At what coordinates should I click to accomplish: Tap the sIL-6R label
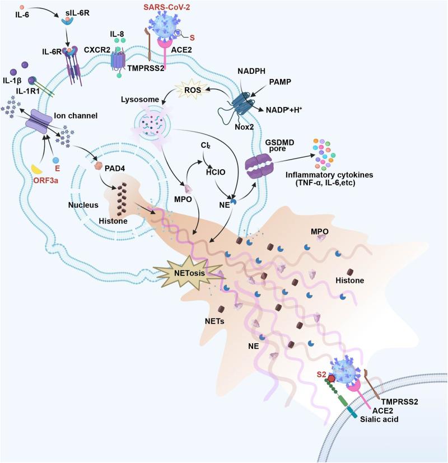click(x=72, y=10)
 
